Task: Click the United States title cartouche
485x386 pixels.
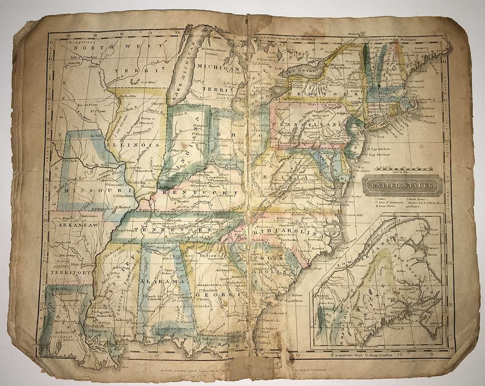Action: [x=403, y=185]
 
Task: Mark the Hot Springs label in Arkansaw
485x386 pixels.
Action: [x=67, y=255]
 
